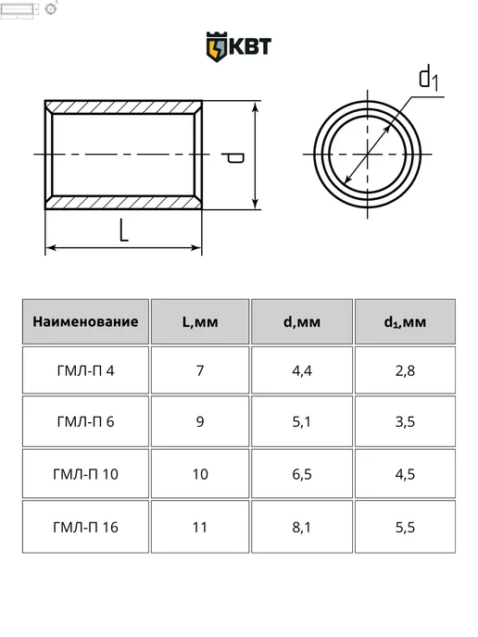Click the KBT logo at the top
pyautogui.click(x=239, y=46)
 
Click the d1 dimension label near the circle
pyautogui.click(x=429, y=79)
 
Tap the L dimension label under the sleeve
pyautogui.click(x=123, y=230)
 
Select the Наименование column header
pyautogui.click(x=85, y=322)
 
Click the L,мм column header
pyautogui.click(x=200, y=322)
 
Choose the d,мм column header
pyautogui.click(x=302, y=322)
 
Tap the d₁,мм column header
pyautogui.click(x=405, y=322)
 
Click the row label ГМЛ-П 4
pyautogui.click(x=85, y=371)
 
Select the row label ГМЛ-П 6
pyautogui.click(x=85, y=422)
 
